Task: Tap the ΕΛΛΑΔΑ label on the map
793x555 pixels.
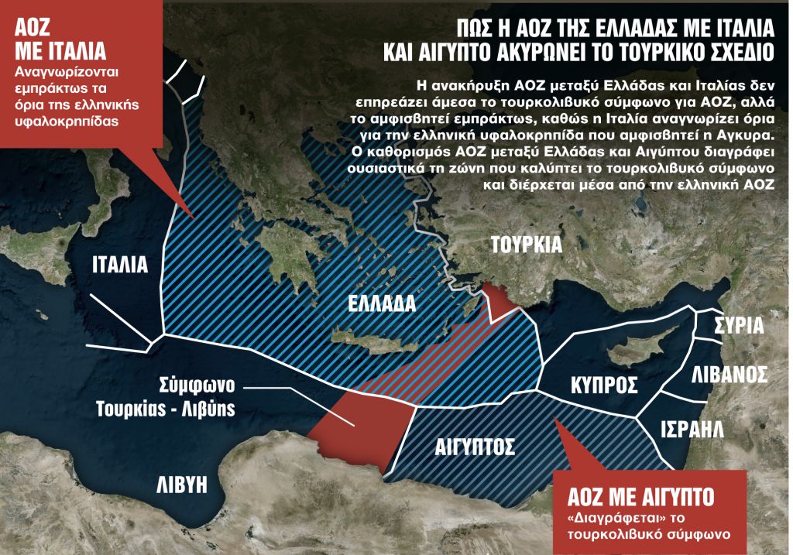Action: [382, 303]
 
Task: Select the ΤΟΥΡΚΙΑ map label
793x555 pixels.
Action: [526, 245]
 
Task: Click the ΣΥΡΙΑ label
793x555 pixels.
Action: [739, 324]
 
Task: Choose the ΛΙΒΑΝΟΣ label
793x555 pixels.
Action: [729, 375]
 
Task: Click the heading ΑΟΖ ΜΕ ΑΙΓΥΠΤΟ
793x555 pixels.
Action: [640, 495]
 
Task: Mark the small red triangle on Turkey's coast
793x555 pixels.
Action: [499, 300]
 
